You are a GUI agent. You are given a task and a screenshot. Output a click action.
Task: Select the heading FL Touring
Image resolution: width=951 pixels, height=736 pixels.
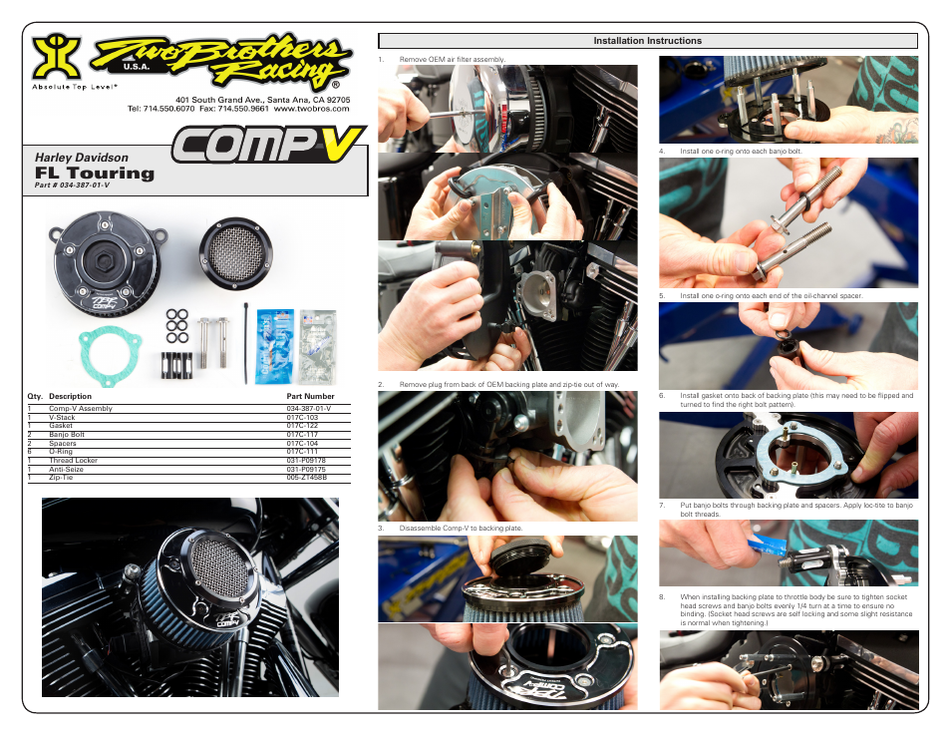(x=95, y=173)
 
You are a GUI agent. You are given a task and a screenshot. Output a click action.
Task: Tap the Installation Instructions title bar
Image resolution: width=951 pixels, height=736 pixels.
(x=647, y=41)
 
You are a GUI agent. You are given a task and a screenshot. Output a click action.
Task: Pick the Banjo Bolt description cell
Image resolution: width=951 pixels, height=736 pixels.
(x=67, y=435)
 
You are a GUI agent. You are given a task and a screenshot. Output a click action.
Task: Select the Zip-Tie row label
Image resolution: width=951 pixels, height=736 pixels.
(x=61, y=478)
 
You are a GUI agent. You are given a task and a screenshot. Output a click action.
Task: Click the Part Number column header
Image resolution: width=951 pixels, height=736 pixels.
(x=311, y=396)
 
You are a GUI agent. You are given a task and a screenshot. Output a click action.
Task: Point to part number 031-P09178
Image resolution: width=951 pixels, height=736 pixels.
(x=306, y=460)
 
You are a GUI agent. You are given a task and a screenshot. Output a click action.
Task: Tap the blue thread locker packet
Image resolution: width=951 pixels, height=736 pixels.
(x=274, y=345)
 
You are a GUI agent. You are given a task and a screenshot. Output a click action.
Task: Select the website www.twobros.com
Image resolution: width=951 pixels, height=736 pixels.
(x=311, y=108)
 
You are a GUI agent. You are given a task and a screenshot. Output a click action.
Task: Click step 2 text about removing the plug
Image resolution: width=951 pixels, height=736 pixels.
(x=508, y=384)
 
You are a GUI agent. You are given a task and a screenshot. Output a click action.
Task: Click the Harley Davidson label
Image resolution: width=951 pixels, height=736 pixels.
(x=82, y=158)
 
